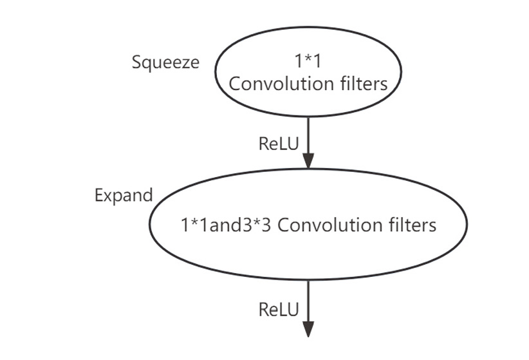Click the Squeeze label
pos(165,62)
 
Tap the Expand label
pos(124,195)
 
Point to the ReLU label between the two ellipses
pos(279,143)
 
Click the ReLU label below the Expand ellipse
pos(279,310)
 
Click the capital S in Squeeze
pos(136,62)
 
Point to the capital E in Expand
pos(99,195)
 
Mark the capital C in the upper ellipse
pos(236,84)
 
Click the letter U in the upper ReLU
pos(293,143)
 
